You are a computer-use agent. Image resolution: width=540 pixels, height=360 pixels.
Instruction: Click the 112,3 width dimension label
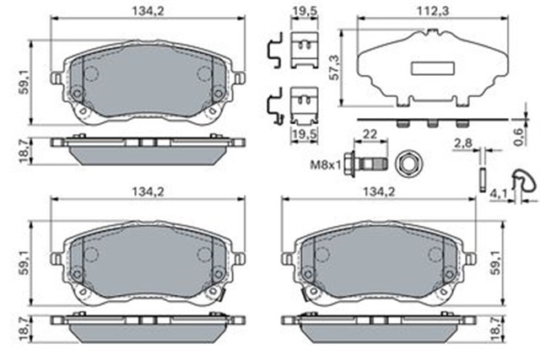[433, 11]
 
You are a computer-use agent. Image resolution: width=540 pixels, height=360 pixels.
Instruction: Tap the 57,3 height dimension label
[334, 67]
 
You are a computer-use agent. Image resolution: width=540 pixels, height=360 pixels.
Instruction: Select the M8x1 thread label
[325, 165]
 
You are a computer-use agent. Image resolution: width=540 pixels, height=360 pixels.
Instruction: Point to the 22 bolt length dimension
[370, 134]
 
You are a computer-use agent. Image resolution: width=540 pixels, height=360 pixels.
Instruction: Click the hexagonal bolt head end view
[408, 164]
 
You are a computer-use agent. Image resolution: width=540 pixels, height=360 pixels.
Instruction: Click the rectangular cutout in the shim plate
[432, 67]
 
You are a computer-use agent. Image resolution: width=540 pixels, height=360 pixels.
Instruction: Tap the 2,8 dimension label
[463, 143]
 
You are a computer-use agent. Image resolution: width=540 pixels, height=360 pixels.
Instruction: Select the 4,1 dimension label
[499, 195]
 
